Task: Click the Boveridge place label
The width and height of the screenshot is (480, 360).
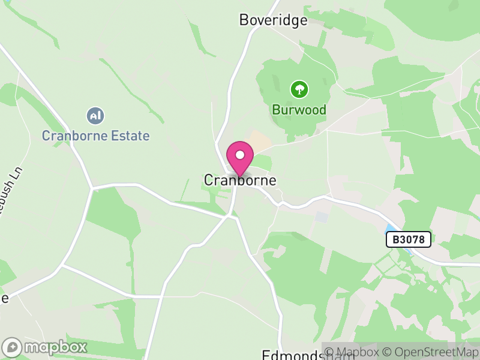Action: (x=273, y=20)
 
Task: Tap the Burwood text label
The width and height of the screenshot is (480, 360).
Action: (x=299, y=110)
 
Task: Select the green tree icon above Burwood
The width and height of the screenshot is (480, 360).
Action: (x=299, y=90)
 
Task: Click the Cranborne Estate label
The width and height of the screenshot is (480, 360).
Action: (x=95, y=136)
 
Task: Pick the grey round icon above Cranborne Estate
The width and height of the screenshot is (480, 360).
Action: (x=95, y=115)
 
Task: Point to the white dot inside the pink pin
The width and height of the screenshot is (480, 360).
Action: (x=240, y=155)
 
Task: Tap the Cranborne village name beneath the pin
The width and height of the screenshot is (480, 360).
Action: (x=240, y=180)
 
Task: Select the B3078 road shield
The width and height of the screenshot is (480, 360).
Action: (x=408, y=239)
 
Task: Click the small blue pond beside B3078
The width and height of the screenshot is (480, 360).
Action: (x=391, y=229)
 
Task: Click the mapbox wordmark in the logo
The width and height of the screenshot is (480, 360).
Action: (x=56, y=347)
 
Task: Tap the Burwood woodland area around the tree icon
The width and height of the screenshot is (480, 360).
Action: (x=282, y=78)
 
